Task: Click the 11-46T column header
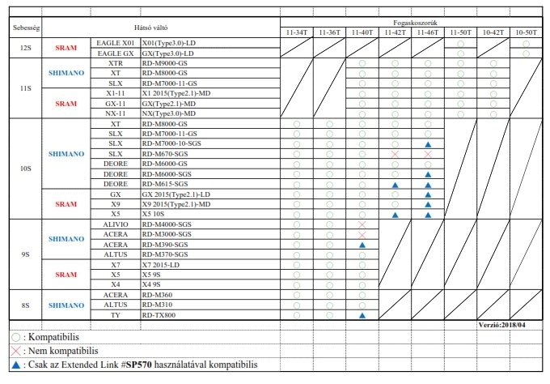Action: coord(427,32)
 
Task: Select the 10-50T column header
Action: coord(526,32)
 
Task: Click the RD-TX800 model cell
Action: coord(159,314)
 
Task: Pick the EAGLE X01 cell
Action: coord(115,42)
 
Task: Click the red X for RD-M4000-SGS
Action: coord(362,224)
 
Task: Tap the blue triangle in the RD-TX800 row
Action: coord(362,314)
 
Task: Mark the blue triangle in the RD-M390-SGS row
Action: coord(362,244)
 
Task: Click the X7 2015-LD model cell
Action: coord(162,264)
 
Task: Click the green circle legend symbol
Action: coord(16,336)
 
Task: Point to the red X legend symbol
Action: coord(16,351)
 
